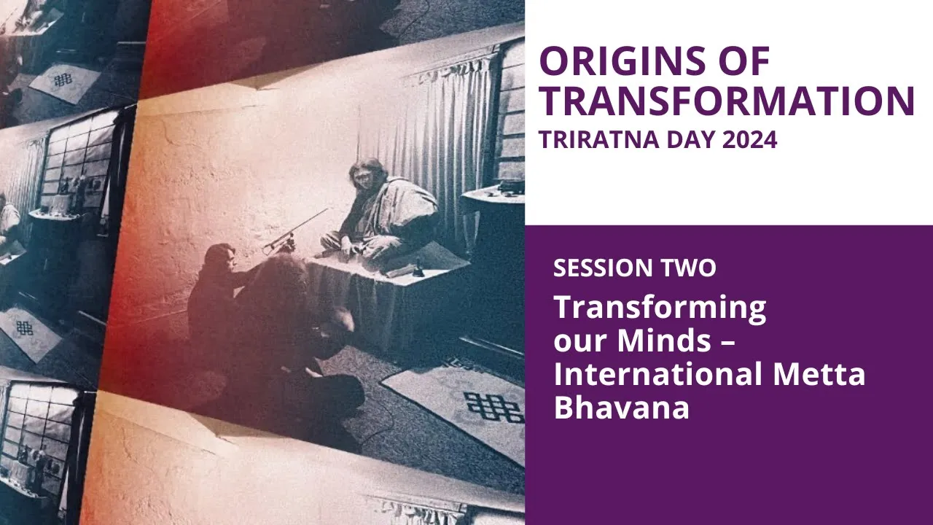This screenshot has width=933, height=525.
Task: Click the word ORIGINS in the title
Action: [x=622, y=61]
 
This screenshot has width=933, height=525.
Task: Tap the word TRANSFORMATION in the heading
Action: [x=727, y=101]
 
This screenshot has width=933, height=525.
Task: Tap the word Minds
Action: [x=663, y=340]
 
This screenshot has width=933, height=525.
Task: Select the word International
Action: [x=658, y=374]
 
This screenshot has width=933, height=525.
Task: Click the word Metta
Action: [x=819, y=374]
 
